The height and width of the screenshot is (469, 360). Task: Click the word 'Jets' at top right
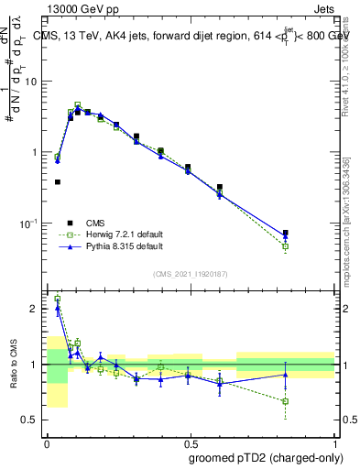tap(322, 7)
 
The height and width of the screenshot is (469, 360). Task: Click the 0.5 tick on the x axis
tap(191, 442)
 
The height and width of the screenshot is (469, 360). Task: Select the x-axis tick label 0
tap(47, 442)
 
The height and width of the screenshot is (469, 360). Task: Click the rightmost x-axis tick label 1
tap(335, 442)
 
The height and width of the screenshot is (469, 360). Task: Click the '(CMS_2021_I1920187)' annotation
tap(191, 274)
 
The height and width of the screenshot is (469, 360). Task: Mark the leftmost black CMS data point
tap(58, 182)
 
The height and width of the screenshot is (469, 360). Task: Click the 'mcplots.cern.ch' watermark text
tap(349, 238)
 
